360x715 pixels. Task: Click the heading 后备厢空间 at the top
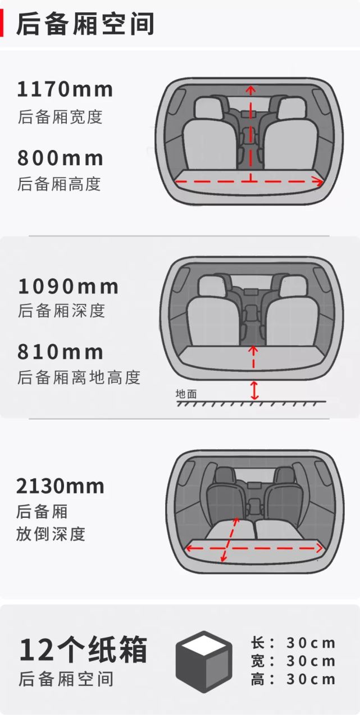point(84,23)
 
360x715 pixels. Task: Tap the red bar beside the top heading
point(2,23)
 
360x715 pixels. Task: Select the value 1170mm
point(65,89)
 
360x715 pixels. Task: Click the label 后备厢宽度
point(60,117)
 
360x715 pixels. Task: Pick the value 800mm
point(60,158)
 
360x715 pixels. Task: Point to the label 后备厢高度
point(59,184)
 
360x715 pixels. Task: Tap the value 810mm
point(61,352)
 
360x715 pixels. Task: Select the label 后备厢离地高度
point(79,377)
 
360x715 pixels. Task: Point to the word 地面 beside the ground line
point(186,394)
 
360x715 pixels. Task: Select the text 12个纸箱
point(83,650)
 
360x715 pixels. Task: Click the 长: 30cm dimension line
point(293,643)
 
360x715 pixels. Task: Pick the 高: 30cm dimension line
point(293,680)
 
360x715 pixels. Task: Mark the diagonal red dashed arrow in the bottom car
point(231,540)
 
